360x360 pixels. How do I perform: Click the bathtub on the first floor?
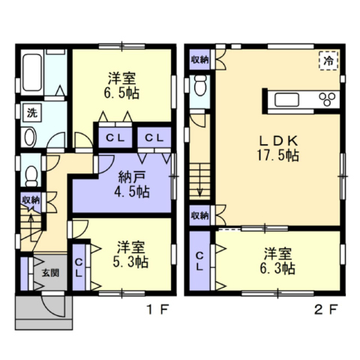[x=31, y=72]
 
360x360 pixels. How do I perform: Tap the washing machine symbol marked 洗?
[x=32, y=113]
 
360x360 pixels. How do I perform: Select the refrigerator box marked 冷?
[x=328, y=61]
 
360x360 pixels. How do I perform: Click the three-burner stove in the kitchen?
[x=327, y=99]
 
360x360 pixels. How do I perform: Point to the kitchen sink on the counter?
[x=286, y=100]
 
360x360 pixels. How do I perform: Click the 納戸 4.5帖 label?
[x=132, y=184]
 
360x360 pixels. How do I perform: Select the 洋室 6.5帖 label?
[x=121, y=85]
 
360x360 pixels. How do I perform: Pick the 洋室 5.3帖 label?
[x=130, y=255]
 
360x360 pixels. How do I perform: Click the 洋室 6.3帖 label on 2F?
[x=277, y=261]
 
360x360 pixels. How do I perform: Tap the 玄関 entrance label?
[x=50, y=273]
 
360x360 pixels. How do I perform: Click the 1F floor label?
[x=157, y=310]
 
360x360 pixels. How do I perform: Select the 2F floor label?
[x=326, y=310]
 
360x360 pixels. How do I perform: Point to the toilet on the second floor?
[x=200, y=85]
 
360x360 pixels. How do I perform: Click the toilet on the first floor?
[x=31, y=175]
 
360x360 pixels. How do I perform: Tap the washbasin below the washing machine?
[x=31, y=137]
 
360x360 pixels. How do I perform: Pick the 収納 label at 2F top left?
[x=199, y=60]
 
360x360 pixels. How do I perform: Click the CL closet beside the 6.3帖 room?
[x=199, y=261]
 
